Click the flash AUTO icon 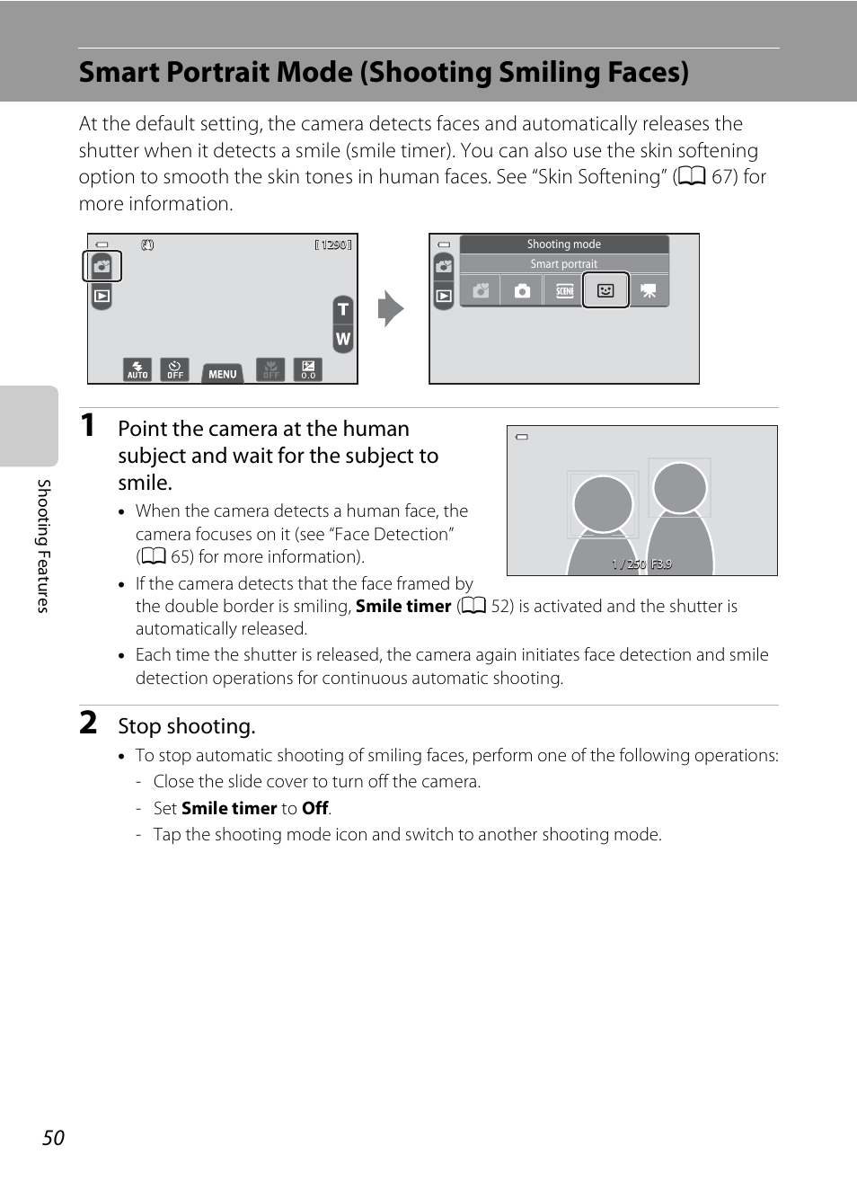point(137,369)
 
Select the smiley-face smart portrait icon point(605,290)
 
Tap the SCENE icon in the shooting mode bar point(564,290)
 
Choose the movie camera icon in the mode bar point(649,290)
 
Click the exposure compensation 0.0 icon point(308,369)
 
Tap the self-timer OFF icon point(175,369)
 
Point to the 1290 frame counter point(333,244)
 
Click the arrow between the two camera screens point(391,309)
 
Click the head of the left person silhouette point(603,503)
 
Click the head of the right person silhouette point(680,487)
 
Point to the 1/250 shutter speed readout point(629,564)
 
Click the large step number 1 point(88,425)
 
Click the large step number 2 point(88,723)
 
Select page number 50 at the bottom point(54,1138)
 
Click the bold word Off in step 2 point(314,808)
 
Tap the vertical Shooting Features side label point(43,546)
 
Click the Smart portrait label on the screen point(563,264)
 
